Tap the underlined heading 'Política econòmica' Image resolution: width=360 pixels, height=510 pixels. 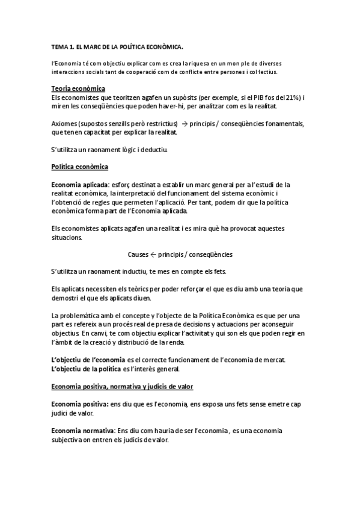coord(80,167)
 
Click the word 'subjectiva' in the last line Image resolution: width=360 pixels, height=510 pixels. coord(70,440)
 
